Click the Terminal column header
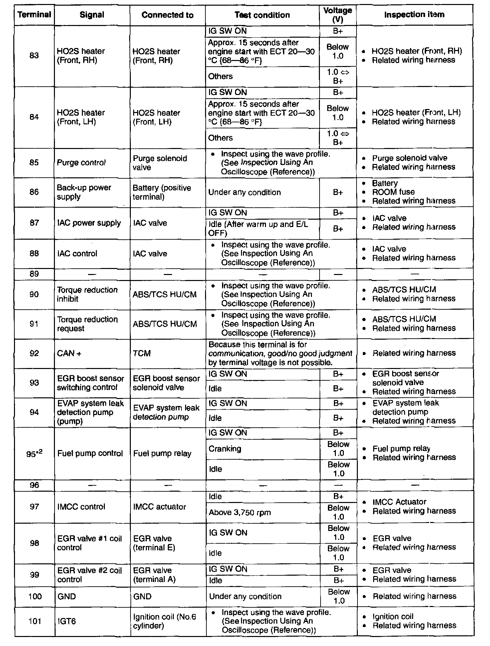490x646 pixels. (34, 15)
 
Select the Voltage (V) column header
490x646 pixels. (338, 15)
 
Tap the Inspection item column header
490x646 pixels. (414, 15)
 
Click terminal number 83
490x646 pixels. (34, 55)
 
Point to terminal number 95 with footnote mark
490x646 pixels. (34, 453)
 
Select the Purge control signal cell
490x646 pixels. (81, 163)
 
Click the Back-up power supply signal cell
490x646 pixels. (84, 192)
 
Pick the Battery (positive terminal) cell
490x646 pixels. (162, 192)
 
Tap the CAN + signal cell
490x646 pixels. (69, 353)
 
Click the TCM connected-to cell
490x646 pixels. (142, 353)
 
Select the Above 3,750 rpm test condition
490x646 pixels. (240, 512)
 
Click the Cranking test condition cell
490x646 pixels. (225, 449)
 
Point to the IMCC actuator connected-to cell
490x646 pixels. (159, 507)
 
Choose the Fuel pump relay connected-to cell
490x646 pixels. (162, 453)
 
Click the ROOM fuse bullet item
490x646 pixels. (393, 192)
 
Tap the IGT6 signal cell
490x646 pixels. (67, 621)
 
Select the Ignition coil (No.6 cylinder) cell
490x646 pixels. (164, 621)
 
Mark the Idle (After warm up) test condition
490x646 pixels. (258, 228)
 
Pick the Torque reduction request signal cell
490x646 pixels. (87, 324)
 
